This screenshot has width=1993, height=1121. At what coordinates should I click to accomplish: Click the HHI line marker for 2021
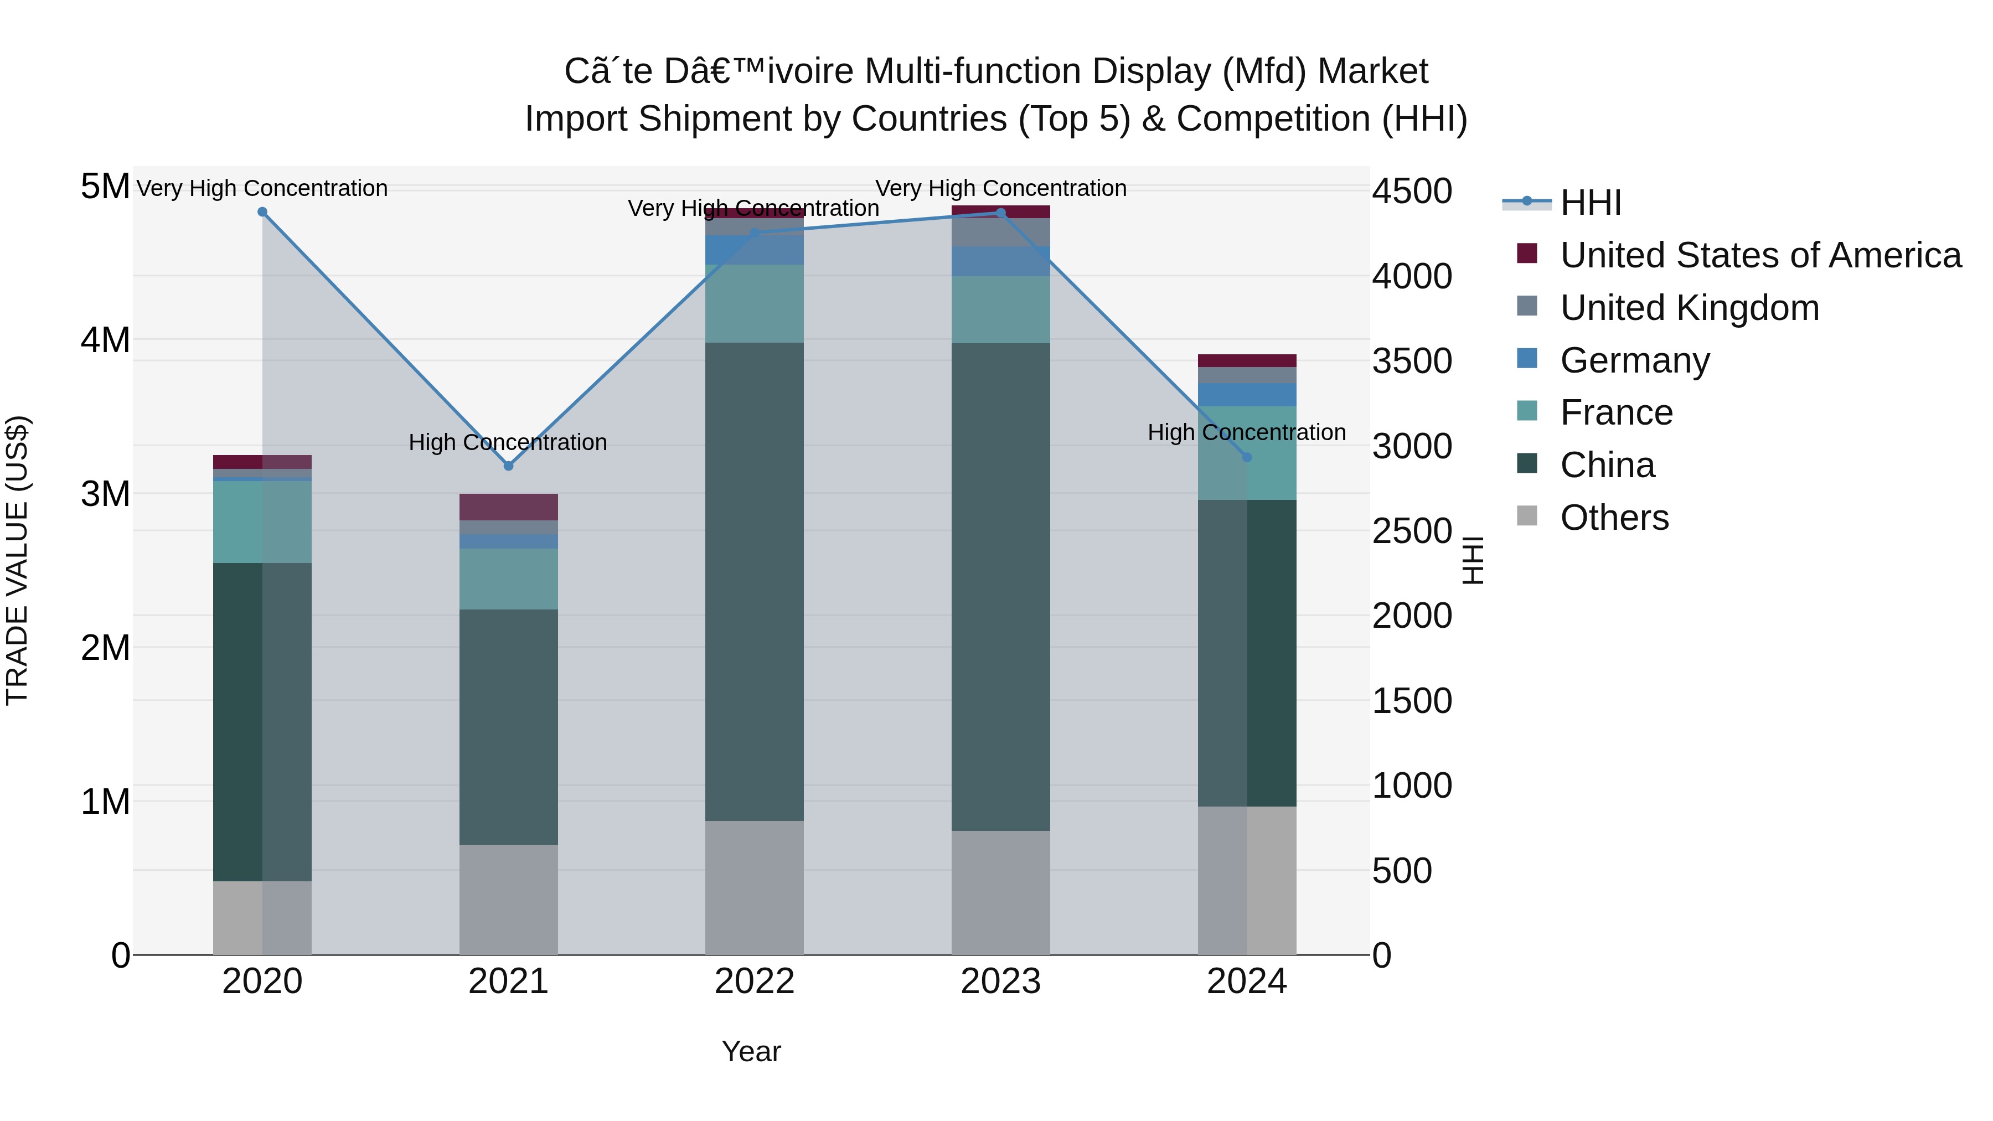pos(508,466)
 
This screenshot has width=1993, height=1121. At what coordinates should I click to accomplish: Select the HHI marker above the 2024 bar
pos(1246,457)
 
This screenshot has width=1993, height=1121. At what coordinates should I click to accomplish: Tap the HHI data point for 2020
pos(262,212)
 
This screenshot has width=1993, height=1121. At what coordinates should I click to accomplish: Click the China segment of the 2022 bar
pos(755,580)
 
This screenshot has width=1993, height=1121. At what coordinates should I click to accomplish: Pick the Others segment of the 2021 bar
pos(508,899)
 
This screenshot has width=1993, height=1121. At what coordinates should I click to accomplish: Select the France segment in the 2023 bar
pos(1000,309)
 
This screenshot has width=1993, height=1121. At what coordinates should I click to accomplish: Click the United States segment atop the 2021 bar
pos(508,507)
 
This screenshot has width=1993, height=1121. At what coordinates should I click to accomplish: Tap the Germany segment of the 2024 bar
pos(1246,395)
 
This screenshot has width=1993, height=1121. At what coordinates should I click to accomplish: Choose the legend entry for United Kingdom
pos(1689,308)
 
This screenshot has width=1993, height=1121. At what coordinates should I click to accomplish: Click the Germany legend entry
pos(1634,360)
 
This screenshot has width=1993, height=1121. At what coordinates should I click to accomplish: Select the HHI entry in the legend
pos(1590,203)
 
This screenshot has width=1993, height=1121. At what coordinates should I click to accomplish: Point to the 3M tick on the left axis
pos(105,494)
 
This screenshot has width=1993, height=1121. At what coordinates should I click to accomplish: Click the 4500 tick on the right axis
pos(1412,191)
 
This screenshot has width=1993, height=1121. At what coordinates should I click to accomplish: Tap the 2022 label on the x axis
pos(755,981)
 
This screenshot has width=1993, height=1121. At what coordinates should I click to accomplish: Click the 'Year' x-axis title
pos(751,1051)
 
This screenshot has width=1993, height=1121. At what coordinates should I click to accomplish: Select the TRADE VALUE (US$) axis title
pos(17,560)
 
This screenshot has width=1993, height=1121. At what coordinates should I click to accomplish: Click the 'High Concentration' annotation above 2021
pos(508,442)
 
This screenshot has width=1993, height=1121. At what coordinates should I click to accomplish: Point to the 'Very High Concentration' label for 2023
pos(1000,188)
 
